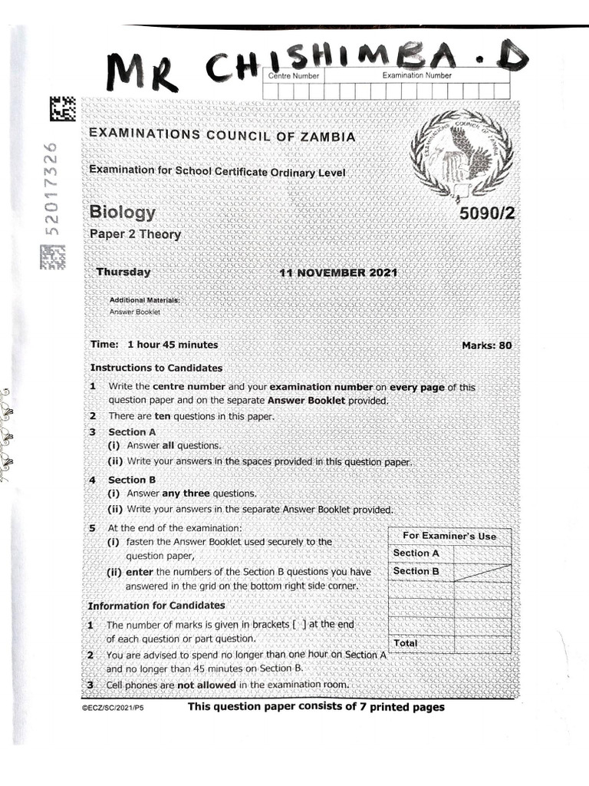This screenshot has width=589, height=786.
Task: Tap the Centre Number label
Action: pos(292,76)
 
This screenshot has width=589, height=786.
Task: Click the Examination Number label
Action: pos(416,75)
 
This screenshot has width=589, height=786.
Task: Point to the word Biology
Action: pos(123,213)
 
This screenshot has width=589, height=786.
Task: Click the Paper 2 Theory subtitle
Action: pos(136,235)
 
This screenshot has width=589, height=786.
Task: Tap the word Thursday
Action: pos(123,272)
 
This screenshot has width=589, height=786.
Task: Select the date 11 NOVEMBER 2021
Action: pos(338,273)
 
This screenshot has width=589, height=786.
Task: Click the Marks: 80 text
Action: pos(486,345)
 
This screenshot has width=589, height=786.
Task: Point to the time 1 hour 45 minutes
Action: pos(173,345)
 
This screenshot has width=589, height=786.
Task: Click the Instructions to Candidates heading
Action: pos(156,368)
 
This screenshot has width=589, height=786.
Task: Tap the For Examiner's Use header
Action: pos(449,536)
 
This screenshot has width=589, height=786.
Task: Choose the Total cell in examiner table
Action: pos(406,642)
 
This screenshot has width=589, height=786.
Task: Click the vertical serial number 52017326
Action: pos(51,189)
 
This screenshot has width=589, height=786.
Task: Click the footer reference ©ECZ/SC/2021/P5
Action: pos(112,708)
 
